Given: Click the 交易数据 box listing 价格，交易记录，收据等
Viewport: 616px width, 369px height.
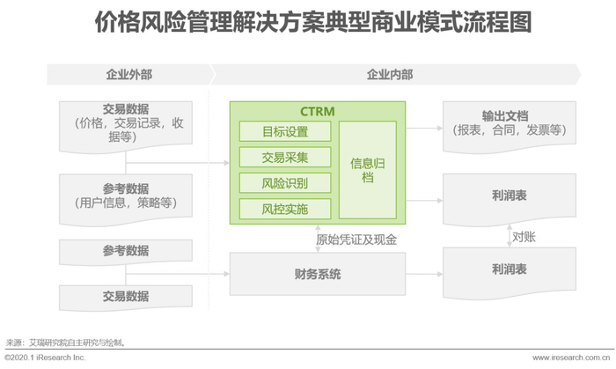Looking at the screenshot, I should point(125,123).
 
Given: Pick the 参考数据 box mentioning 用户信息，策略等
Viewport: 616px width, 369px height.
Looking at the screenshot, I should point(125,196).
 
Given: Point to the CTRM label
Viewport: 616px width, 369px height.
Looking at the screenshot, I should point(318,113).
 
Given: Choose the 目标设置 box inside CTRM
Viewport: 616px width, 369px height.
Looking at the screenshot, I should point(285,132).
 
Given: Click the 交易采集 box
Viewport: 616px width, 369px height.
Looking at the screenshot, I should point(285,158).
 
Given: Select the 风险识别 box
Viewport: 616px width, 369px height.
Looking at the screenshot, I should point(285,183).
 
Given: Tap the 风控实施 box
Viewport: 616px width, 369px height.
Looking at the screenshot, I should point(285,209).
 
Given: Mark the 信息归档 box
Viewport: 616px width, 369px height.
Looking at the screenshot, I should point(367,170).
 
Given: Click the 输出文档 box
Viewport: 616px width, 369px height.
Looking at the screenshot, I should point(510,123).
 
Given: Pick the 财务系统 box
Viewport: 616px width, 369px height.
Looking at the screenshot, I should point(318,274).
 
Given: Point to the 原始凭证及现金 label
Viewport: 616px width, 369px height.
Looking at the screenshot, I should point(356,239).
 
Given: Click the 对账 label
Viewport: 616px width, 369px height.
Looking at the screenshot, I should point(525,237).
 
